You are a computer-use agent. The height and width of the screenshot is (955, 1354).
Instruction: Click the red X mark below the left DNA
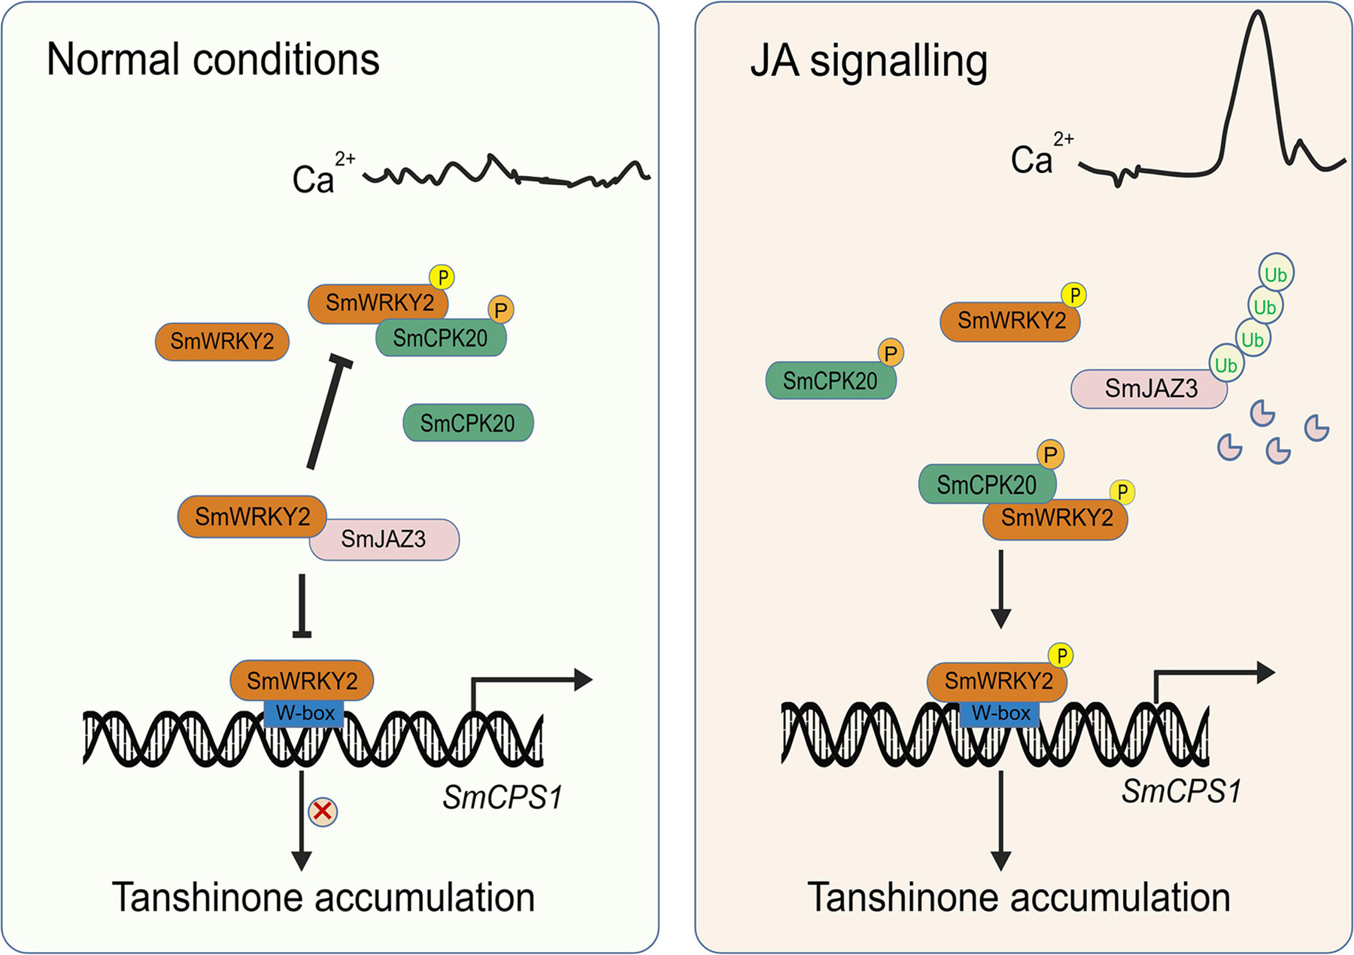click(x=323, y=811)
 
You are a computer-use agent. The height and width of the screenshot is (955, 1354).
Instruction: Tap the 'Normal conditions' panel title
click(x=213, y=59)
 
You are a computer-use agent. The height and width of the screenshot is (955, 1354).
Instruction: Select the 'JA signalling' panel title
click(x=869, y=61)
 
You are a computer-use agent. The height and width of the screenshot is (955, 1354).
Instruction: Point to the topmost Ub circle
click(x=1276, y=274)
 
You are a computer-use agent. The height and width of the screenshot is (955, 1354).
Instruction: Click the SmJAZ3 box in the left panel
click(x=384, y=539)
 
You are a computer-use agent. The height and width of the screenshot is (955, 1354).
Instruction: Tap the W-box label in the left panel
click(x=305, y=713)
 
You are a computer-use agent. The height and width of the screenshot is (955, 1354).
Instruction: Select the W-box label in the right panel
click(x=1000, y=713)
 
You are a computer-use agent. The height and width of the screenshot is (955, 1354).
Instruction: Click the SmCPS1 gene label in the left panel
click(x=502, y=798)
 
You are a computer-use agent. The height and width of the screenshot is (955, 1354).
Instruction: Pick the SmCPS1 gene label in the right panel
click(x=1181, y=791)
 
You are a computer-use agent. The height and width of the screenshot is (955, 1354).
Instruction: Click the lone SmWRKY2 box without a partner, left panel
click(x=222, y=341)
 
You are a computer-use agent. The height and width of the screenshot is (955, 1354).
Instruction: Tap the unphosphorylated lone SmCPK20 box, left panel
click(x=468, y=423)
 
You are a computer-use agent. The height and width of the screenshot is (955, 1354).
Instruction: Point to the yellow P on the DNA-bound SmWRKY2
click(x=1061, y=656)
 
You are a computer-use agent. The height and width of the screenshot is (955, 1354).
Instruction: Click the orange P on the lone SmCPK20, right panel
click(x=891, y=353)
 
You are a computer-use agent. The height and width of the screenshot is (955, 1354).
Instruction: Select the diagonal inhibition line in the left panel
click(x=329, y=414)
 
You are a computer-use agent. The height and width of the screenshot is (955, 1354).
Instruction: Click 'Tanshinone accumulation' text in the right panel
click(x=1019, y=898)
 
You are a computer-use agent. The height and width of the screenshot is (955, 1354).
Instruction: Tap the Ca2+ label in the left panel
click(x=320, y=177)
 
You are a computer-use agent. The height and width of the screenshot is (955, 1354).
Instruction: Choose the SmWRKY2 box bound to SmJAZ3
click(x=252, y=517)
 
